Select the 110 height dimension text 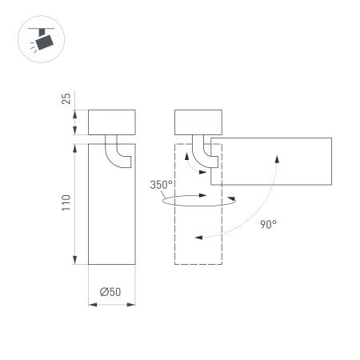tap(67, 203)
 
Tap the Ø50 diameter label tap(110, 293)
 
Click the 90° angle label tap(268, 225)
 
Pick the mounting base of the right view tap(198, 122)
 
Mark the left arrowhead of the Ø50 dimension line tap(90, 305)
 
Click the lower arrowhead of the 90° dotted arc tap(195, 237)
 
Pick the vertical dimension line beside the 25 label tap(75, 122)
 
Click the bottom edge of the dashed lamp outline tap(198, 265)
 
